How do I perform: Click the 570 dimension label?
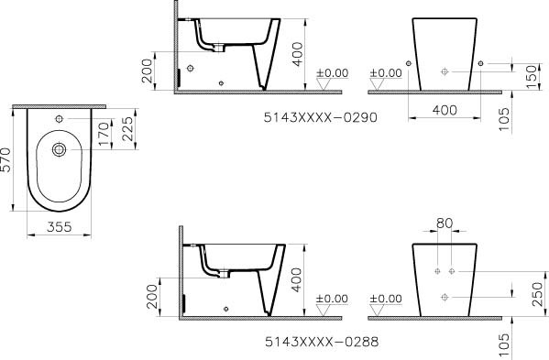click(5, 160)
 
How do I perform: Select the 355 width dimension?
click(60, 227)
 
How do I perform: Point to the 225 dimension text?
click(127, 129)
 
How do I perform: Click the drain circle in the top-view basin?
click(60, 149)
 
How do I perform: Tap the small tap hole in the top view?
click(60, 119)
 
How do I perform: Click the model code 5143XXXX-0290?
click(321, 117)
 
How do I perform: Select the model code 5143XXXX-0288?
click(322, 342)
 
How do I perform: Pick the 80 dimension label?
click(445, 224)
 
